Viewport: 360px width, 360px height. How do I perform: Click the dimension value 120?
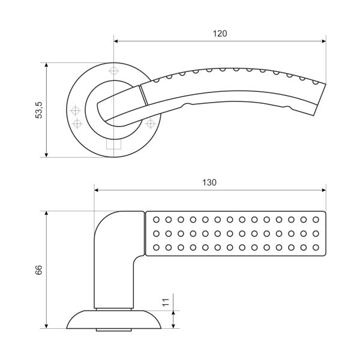point(220,34)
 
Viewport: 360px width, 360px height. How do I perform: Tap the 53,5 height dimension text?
point(39,110)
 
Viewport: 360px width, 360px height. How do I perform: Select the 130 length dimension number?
point(209,182)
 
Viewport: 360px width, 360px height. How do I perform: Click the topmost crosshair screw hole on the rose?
point(114,71)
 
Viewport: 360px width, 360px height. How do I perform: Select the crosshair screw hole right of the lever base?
point(149,124)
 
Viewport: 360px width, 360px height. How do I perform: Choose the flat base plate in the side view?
point(114,320)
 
